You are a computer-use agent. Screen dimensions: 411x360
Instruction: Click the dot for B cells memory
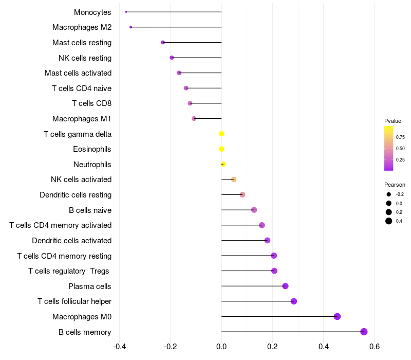coord(364,332)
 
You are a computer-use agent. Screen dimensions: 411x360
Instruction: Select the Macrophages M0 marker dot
coord(337,316)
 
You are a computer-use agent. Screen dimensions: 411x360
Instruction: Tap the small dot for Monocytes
coord(126,12)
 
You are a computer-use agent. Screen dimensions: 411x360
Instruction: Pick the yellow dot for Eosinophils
coord(221,149)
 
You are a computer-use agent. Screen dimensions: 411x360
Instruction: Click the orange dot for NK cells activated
coord(234,179)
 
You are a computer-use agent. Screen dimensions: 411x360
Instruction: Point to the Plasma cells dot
coord(285,286)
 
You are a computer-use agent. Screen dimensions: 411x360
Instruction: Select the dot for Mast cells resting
coord(163,42)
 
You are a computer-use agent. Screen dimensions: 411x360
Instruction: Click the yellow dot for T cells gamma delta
coord(221,134)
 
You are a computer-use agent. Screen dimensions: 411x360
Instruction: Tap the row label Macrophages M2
coord(82,27)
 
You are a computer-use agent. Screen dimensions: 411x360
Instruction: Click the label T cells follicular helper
coord(74,301)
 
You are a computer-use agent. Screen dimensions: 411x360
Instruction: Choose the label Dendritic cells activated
coord(71,241)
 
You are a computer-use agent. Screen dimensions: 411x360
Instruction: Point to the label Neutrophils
coord(92,165)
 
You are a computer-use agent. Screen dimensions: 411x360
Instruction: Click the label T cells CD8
coord(92,103)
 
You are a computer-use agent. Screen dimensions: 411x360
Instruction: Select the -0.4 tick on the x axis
coord(119,347)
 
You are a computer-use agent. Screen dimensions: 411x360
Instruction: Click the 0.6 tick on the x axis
coord(375,347)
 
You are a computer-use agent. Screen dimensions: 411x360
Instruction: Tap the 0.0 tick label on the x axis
coord(221,347)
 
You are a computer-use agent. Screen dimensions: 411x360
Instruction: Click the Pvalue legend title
coord(393,121)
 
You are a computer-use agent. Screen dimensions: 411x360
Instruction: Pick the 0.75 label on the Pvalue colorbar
coord(400,137)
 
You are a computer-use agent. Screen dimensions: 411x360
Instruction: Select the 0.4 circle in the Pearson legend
coord(389,221)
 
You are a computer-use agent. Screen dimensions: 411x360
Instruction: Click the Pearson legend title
coord(395,185)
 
